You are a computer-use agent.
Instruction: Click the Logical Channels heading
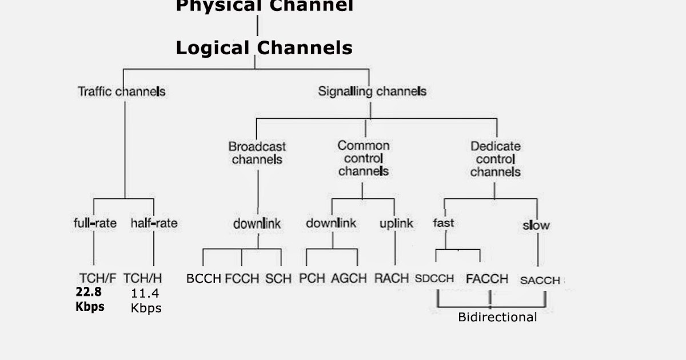(264, 47)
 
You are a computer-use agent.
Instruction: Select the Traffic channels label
(121, 91)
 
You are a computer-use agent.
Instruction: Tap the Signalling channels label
(372, 91)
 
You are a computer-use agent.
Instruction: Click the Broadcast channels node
(257, 153)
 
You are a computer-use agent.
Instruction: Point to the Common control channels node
(363, 158)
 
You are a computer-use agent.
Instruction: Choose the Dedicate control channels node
(495, 159)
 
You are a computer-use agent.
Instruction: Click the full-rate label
(95, 223)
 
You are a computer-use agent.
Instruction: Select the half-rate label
(154, 223)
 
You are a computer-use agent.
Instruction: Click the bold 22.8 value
(89, 292)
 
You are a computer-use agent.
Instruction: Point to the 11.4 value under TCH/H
(145, 294)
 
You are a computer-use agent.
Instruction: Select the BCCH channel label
(204, 279)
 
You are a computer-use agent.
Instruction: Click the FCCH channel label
(242, 279)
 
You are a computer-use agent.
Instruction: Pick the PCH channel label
(312, 279)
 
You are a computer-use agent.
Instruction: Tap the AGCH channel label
(349, 279)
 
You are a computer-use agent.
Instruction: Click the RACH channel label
(392, 279)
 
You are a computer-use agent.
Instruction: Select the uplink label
(396, 223)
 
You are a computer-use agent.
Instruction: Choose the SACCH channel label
(540, 281)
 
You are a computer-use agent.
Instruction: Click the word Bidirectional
(497, 318)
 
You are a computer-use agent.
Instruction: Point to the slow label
(536, 225)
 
